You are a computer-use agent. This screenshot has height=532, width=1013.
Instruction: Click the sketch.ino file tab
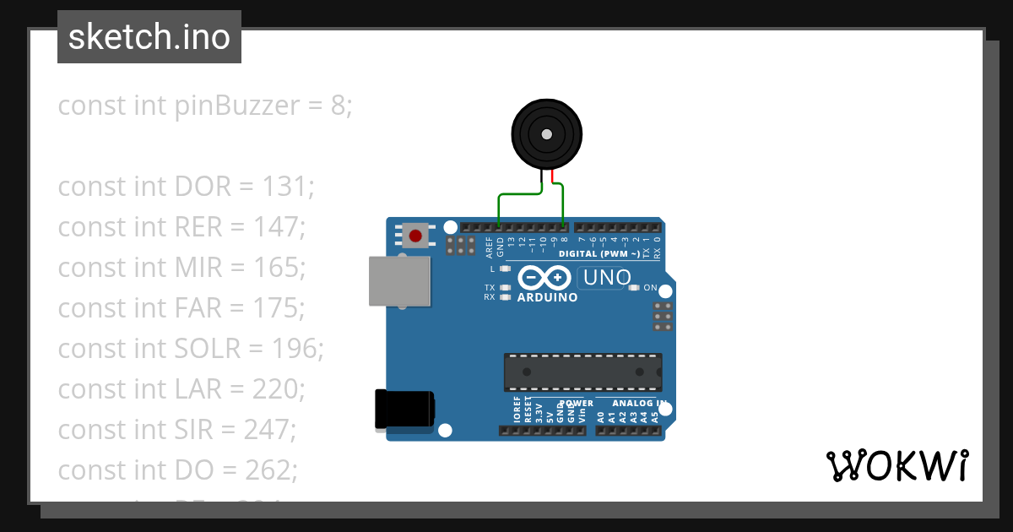[x=149, y=37]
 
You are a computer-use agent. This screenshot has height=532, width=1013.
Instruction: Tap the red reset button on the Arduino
[x=415, y=236]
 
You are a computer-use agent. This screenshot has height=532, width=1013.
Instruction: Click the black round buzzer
[x=546, y=134]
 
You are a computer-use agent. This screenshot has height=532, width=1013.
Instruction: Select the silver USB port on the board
[x=399, y=281]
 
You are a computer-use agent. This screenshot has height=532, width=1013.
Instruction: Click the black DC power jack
[x=404, y=410]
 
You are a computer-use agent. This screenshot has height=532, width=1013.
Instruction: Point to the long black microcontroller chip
[x=582, y=372]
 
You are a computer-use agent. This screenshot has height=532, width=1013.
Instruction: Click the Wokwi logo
[x=897, y=465]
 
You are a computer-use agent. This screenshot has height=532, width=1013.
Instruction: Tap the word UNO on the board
[x=606, y=278]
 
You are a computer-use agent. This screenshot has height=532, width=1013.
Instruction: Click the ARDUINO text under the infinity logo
[x=547, y=298]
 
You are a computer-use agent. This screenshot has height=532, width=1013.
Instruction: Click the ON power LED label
[x=650, y=288]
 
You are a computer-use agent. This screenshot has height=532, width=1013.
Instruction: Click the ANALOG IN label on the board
[x=639, y=404]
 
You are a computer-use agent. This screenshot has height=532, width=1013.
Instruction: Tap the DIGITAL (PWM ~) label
[x=599, y=253]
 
